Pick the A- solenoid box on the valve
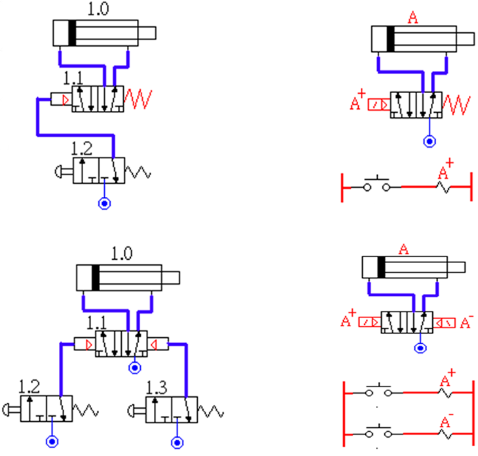(x=448, y=322)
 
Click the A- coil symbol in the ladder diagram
(x=447, y=434)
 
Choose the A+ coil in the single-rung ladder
(x=445, y=186)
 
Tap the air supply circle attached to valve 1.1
(x=135, y=367)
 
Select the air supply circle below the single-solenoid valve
(x=429, y=141)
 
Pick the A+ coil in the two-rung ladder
(x=447, y=392)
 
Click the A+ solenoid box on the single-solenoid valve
(x=378, y=104)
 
